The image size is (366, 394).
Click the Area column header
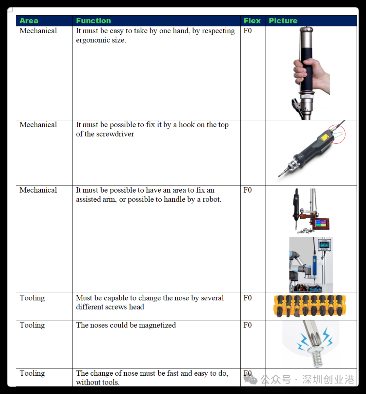(29, 21)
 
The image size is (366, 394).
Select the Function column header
(94, 21)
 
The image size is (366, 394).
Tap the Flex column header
(252, 21)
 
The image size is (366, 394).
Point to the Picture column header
(283, 21)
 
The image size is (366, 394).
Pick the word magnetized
(157, 325)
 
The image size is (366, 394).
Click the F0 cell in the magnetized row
(247, 325)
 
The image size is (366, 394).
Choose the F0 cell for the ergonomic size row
(247, 31)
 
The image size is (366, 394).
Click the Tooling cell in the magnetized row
(32, 325)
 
